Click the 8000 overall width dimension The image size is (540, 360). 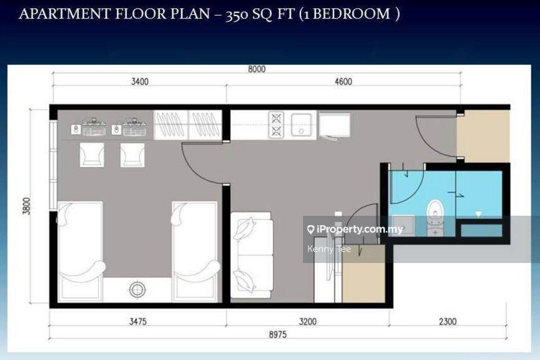click(x=256, y=69)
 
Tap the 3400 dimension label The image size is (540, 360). click(x=140, y=81)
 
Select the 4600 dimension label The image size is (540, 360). click(x=343, y=81)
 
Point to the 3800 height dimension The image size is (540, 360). click(x=27, y=206)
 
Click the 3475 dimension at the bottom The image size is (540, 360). click(x=137, y=321)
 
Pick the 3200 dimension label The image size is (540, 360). click(x=307, y=321)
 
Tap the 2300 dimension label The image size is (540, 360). click(x=448, y=321)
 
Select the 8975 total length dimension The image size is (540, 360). click(x=277, y=334)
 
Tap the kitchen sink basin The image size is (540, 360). click(x=301, y=125)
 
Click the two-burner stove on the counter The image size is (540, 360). click(x=276, y=125)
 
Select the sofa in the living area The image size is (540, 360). click(x=252, y=255)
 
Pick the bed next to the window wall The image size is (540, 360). click(x=81, y=252)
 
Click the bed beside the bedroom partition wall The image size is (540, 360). click(x=195, y=252)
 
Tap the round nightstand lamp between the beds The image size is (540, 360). click(x=137, y=290)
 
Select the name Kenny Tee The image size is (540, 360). click(x=329, y=249)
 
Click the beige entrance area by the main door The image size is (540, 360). click(x=483, y=136)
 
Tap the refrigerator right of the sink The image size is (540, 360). click(x=334, y=125)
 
